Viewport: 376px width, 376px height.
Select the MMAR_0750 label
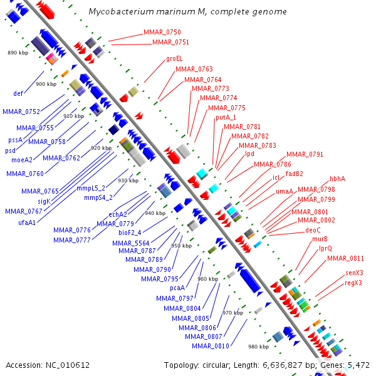pos(162,32)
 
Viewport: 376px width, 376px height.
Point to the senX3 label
pos(354,273)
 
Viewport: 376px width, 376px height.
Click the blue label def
pos(18,94)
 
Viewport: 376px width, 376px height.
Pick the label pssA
pos(15,140)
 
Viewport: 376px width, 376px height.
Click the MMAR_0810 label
pos(211,346)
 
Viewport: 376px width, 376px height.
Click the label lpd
pos(249,154)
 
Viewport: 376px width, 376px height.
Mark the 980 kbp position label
pos(258,347)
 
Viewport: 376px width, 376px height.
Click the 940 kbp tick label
pos(155,214)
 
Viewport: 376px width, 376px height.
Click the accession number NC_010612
pos(68,365)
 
